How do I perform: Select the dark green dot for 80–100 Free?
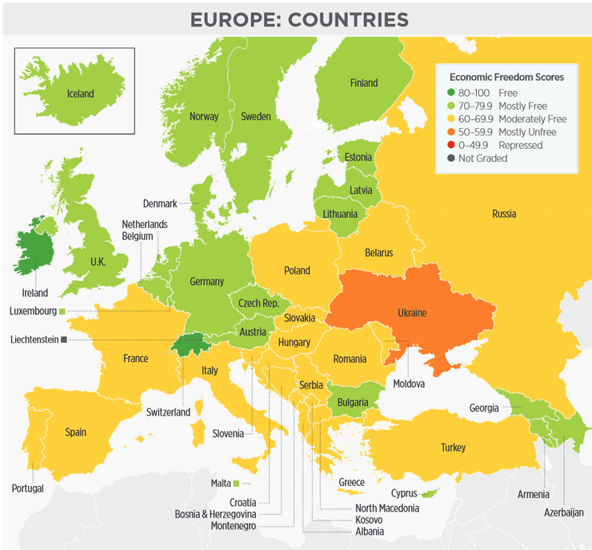point(452,93)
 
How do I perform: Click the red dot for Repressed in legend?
point(452,145)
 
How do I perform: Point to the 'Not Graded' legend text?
point(482,159)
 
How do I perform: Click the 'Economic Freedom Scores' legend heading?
point(506,78)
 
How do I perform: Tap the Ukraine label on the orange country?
point(412,312)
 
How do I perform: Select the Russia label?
point(504,214)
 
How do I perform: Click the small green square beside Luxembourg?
point(61,310)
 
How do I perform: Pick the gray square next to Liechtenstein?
point(64,339)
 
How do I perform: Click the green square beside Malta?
point(237,483)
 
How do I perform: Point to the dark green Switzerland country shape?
point(190,345)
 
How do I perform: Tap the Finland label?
point(363,83)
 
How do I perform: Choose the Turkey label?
point(452,448)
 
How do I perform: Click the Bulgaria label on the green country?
point(353,402)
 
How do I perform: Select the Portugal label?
point(27,488)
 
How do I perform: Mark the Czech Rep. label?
point(258,303)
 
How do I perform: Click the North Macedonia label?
point(387,508)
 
